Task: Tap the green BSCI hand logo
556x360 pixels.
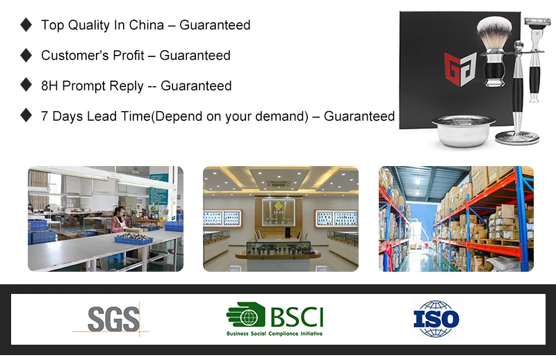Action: (246, 315)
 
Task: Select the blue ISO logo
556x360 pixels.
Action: (436, 319)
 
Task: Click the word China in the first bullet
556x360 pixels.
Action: (147, 25)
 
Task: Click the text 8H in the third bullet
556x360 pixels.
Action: (49, 86)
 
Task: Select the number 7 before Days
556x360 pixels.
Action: (44, 116)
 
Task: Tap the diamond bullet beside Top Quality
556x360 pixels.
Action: (26, 25)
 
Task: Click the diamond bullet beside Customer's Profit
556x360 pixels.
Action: (26, 56)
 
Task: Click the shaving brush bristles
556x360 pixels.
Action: (494, 32)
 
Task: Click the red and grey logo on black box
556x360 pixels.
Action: (460, 69)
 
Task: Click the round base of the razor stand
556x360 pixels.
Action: (517, 138)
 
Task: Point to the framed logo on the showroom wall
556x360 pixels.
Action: (279, 212)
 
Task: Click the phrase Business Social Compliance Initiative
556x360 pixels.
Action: (275, 334)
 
